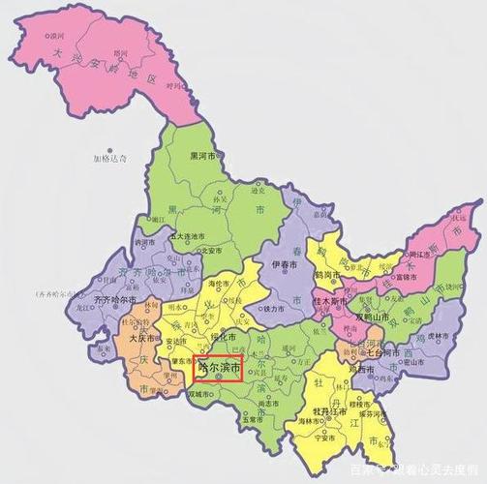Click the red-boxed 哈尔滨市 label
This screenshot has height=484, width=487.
pos(218,368)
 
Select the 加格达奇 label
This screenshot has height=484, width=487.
pos(110,158)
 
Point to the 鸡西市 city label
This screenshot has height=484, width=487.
pos(360,370)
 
